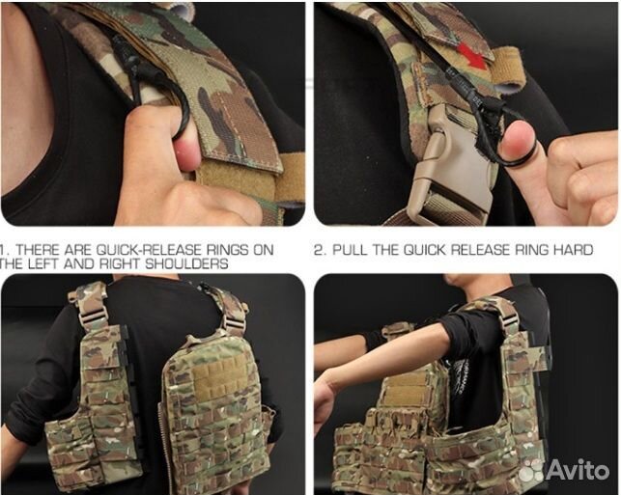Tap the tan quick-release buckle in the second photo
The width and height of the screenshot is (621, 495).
click(x=451, y=166)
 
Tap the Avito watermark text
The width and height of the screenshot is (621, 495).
click(x=579, y=470)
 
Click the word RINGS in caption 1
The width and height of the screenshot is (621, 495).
click(x=227, y=250)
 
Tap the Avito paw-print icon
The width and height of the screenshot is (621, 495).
click(x=531, y=471)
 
